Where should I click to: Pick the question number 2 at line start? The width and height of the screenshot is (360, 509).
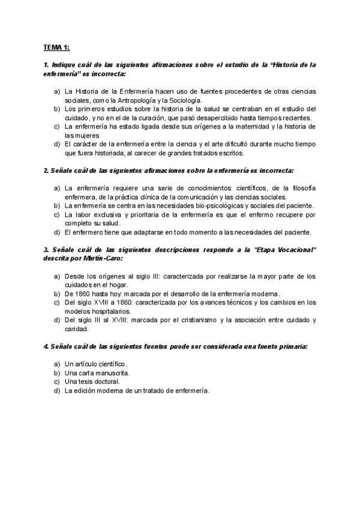(46, 171)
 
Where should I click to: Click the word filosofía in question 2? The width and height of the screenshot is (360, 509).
(302, 188)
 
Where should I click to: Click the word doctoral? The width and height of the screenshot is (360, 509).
(108, 381)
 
